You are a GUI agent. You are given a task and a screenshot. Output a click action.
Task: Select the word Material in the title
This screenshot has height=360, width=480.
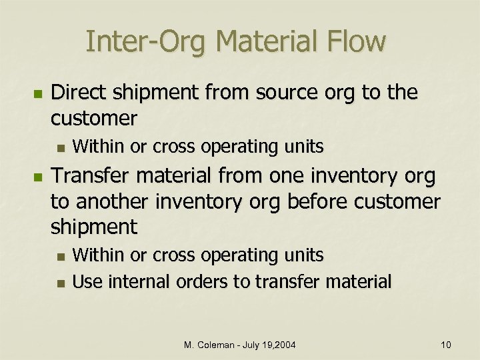point(271,41)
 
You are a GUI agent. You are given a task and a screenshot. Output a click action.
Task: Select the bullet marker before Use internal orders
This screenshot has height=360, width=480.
point(60,283)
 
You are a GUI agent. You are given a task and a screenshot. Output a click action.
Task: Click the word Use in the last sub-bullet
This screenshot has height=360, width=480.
point(87,281)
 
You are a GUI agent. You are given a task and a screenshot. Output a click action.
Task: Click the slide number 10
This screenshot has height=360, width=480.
point(446,344)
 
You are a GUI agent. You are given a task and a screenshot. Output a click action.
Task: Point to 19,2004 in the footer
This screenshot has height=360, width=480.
point(284,344)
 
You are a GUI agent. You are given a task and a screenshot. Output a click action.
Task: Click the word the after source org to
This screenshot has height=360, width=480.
point(403,93)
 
